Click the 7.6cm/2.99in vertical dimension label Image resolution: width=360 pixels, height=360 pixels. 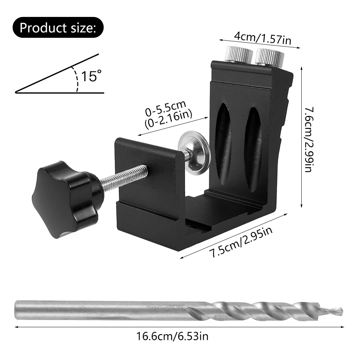(x=309, y=139)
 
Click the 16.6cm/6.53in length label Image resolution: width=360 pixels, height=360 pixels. (x=172, y=337)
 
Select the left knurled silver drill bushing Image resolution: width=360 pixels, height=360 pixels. (x=237, y=55)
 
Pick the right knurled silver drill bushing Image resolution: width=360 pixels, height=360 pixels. (x=269, y=56)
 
